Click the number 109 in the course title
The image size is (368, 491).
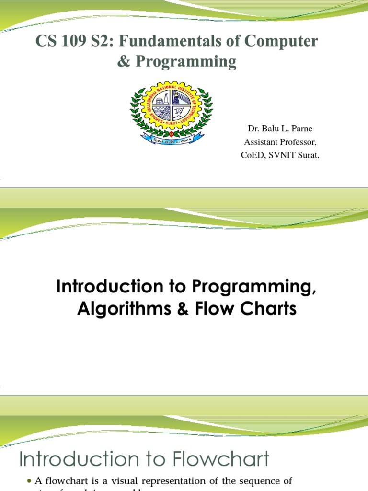coord(71,41)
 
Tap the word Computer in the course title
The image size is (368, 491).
coord(281,41)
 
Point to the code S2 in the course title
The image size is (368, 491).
coord(101,41)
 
